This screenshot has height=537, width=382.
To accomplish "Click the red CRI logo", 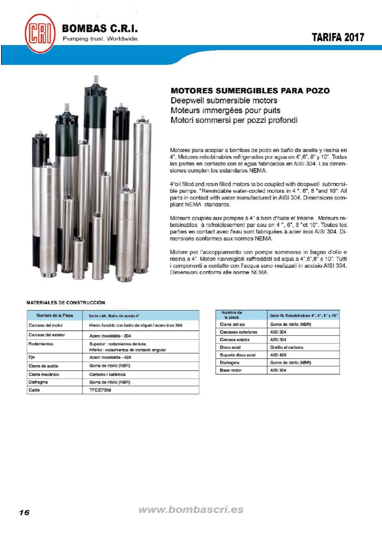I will coord(40,33).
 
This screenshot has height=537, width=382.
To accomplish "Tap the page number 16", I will coord(24,513).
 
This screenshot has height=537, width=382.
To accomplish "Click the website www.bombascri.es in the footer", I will coord(191,510).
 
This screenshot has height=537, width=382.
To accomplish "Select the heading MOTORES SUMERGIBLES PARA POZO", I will coord(250,90).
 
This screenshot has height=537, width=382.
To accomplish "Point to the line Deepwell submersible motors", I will coord(224,100).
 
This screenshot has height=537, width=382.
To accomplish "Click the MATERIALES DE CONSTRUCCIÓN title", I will coord(66,303).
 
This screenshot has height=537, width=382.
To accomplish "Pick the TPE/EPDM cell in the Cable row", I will coord(100,390).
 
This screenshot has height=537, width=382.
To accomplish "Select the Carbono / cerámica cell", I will coord(107,375).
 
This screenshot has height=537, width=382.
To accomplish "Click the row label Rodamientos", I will coord(41,344).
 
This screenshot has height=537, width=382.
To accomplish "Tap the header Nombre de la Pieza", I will coord(54,316).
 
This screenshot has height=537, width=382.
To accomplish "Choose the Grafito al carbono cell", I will coord(286,348).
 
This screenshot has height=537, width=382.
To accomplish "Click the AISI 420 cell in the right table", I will coord(278,355).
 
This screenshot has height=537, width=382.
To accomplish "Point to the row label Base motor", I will coord(231,370).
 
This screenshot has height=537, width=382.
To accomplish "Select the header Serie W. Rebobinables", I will coord(303,316).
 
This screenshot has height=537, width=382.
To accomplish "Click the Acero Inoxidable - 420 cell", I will coord(110,357).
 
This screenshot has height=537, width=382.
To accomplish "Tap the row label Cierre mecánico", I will coord(44,375).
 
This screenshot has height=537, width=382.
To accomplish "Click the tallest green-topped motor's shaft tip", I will coord(96,77).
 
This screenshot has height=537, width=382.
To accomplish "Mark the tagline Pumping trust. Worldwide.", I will coord(101,39).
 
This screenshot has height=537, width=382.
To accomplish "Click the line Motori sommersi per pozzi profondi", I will coord(234,120).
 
